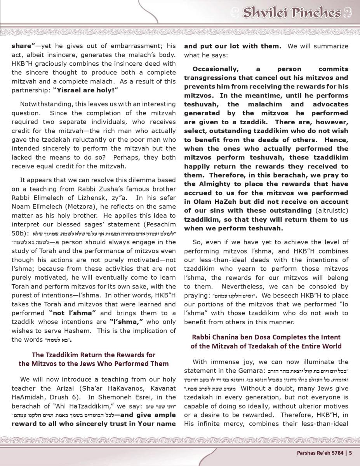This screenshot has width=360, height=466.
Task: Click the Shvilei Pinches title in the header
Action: coord(292,13)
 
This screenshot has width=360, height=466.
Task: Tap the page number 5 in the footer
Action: coord(350,452)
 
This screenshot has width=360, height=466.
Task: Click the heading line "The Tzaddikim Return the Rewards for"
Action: coord(94,355)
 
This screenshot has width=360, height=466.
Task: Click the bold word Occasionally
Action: coord(215,69)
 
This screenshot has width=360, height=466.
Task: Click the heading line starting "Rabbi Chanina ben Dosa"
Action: coord(266,337)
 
